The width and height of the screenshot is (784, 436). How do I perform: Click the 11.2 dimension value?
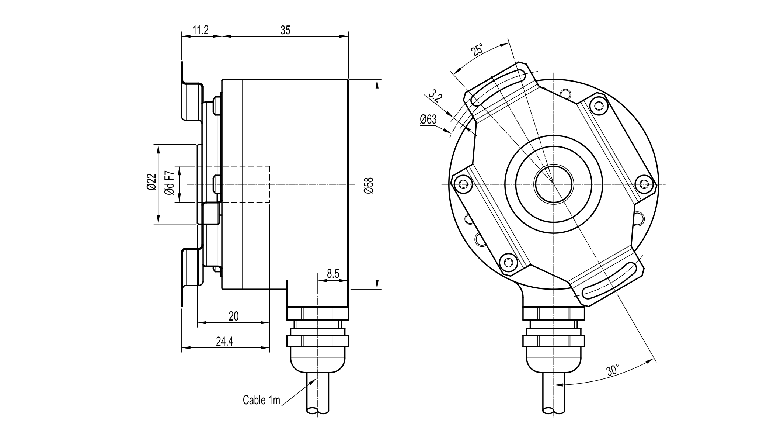201,30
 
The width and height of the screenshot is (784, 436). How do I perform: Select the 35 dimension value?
285,30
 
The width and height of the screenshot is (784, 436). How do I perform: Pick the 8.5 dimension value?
333,274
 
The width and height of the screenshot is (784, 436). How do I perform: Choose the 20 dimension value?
234,316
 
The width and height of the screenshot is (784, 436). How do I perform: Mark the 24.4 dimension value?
224,342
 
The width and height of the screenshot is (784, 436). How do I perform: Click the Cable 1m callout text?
261,400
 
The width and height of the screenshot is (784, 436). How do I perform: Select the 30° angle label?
613,370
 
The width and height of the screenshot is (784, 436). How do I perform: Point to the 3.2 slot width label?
436,97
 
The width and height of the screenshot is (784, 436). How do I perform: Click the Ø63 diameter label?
428,120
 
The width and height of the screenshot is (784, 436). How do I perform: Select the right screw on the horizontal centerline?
644,184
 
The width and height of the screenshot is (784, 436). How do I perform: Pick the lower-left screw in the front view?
508,262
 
